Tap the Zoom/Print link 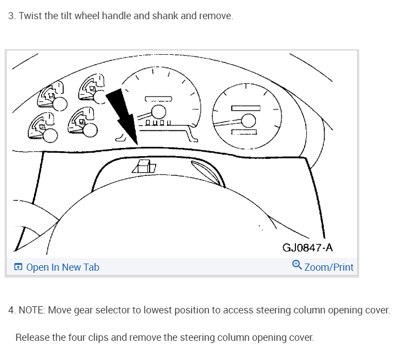[x=329, y=267]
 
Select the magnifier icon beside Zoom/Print [x=297, y=265]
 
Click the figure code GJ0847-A [x=307, y=248]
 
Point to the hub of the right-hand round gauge [x=249, y=121]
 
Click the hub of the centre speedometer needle [x=159, y=112]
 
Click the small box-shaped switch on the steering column [x=145, y=167]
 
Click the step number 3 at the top [x=11, y=16]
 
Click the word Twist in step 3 [x=30, y=16]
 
